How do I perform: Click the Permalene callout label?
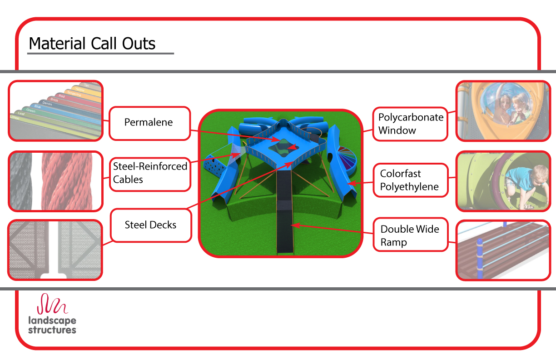tap(149, 123)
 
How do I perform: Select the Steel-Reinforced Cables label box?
tap(150, 173)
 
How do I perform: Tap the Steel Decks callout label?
tap(150, 225)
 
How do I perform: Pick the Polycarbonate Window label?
tap(410, 124)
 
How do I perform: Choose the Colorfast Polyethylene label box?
tap(410, 180)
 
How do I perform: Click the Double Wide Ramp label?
tap(410, 235)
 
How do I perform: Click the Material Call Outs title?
tap(92, 44)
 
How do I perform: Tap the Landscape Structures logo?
tap(52, 314)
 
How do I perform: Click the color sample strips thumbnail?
tap(55, 110)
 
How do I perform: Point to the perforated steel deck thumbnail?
tap(55, 250)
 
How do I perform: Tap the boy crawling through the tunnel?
tap(526, 185)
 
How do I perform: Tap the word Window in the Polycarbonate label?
tap(397, 130)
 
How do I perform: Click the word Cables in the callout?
tap(128, 180)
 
